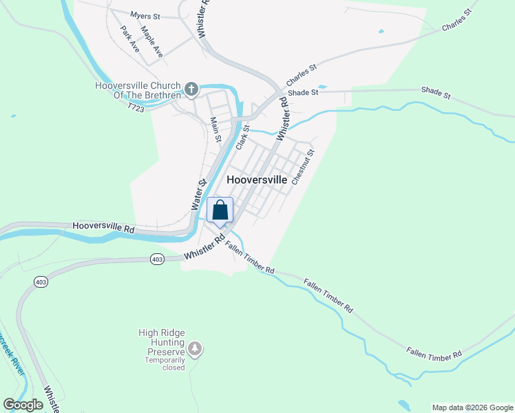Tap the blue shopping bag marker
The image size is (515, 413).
(x=220, y=210)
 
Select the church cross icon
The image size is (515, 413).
(x=191, y=89)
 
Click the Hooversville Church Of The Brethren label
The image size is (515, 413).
(x=137, y=90)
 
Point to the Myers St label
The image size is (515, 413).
(x=145, y=15)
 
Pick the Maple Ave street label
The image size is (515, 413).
(x=152, y=41)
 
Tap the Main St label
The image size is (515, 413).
(x=216, y=129)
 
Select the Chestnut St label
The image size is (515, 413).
(x=303, y=167)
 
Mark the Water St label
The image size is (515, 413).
(x=199, y=195)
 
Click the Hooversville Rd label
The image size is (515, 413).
(x=103, y=226)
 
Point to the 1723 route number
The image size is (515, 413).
(x=135, y=107)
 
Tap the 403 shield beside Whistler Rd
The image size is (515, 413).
(x=157, y=259)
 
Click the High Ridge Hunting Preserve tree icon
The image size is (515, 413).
(x=196, y=350)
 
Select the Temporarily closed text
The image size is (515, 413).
(x=165, y=363)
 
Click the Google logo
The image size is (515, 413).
(x=23, y=405)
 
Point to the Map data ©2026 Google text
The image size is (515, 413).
(x=472, y=407)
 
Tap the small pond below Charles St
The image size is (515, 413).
(x=381, y=31)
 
